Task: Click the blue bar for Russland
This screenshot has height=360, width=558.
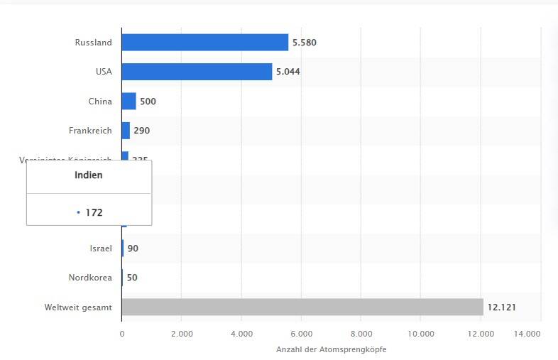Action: pos(204,43)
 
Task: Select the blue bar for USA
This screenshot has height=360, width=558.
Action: pos(197,72)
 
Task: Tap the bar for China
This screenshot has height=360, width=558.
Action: pos(128,102)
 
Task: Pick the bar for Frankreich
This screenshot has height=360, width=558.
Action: pos(126,131)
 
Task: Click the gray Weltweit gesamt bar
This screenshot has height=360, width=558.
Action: pos(302,307)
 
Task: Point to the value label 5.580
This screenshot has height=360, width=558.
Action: pos(305,43)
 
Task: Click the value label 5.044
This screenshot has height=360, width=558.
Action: pos(288,72)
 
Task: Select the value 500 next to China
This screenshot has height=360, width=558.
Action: pos(148,102)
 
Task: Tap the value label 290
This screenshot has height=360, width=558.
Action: pos(142,131)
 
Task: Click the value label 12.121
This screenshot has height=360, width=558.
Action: pos(500,307)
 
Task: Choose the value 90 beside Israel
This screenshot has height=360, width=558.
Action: pos(133,248)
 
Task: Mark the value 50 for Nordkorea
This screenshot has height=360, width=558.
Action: pos(132,278)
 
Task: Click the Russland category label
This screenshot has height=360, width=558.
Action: pos(93,43)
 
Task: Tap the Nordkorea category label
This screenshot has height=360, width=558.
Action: pos(90,278)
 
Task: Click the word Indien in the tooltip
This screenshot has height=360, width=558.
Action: pos(89,175)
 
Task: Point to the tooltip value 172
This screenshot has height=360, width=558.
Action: pos(94,212)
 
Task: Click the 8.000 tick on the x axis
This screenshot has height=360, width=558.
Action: pos(361,333)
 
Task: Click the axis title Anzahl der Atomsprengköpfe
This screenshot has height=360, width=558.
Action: pos(332,349)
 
